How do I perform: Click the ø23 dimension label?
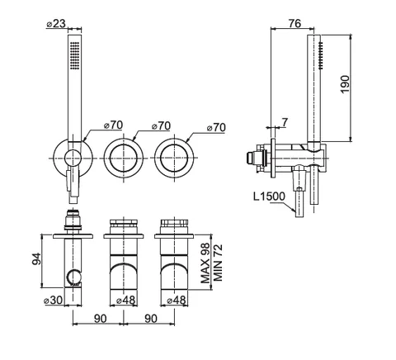coord(56,23)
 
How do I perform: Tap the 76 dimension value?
coord(295,23)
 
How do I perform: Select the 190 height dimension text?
coord(345,84)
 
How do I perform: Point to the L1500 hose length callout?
coord(269,197)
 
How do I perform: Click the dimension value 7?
coord(284,122)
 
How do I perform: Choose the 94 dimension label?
coord(36,258)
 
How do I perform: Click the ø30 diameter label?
coord(54,300)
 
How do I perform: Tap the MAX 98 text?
coord(205,263)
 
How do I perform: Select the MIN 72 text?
coord(218,263)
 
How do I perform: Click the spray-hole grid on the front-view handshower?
coord(74,55)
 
